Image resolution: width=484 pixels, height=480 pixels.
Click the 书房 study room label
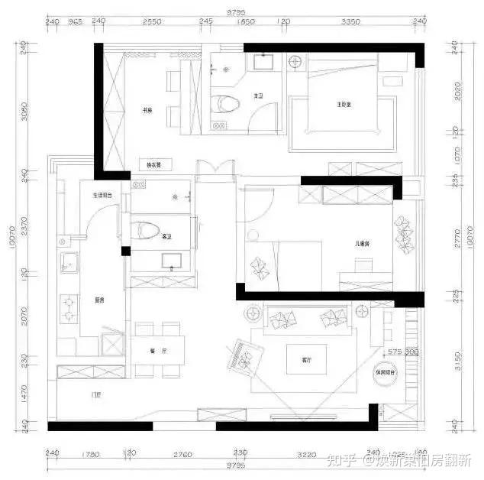[147, 109]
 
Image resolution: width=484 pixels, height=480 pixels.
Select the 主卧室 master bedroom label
[343, 104]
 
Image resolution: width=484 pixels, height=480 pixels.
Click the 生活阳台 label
[103, 195]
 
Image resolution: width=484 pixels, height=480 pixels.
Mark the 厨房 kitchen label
[99, 300]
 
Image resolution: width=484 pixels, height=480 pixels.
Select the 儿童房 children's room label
[361, 244]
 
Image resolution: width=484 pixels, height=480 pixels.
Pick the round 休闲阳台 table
[382, 372]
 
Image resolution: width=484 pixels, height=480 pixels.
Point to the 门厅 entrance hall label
[96, 395]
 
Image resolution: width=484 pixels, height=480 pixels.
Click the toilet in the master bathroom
[223, 105]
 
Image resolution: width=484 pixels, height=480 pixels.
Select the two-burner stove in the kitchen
[69, 306]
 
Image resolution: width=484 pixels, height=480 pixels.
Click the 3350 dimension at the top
[350, 23]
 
